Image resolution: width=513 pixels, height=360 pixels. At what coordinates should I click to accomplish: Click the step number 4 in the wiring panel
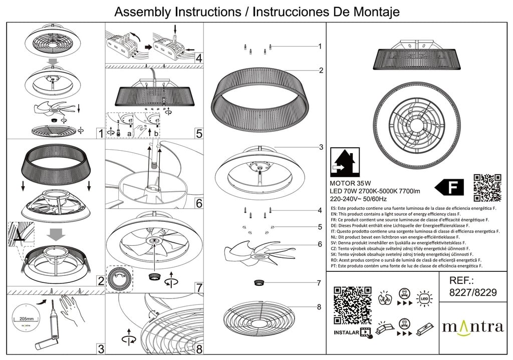tap(199, 58)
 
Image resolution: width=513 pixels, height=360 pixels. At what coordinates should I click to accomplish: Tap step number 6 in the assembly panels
tap(199, 203)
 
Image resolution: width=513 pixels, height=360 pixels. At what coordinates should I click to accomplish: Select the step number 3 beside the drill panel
tap(101, 349)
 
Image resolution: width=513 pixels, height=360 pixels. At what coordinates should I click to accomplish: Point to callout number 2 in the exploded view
tap(321, 70)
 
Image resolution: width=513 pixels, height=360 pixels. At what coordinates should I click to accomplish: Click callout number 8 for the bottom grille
tap(319, 307)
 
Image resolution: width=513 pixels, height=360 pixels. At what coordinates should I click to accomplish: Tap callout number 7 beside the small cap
tap(319, 283)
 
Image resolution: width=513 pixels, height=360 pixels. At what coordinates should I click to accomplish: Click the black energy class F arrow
tap(449, 187)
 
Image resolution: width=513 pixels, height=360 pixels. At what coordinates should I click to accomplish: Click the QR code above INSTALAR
tap(352, 304)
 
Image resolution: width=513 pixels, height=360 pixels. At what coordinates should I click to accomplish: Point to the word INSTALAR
tap(345, 332)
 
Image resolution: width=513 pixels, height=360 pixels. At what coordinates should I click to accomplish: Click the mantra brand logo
tap(472, 327)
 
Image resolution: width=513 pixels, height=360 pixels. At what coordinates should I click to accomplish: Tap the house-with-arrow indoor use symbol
tap(345, 162)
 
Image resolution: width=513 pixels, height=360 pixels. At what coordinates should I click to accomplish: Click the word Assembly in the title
tap(143, 12)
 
